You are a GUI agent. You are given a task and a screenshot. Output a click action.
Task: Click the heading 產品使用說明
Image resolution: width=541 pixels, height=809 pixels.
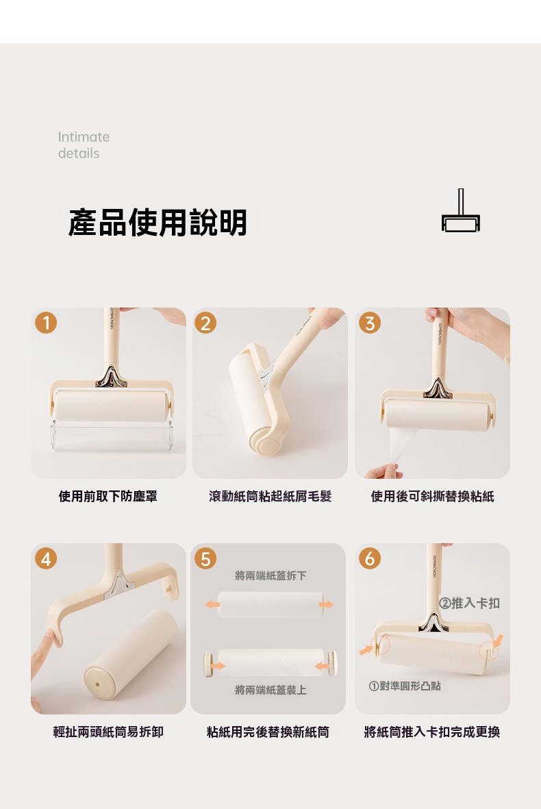[158, 223]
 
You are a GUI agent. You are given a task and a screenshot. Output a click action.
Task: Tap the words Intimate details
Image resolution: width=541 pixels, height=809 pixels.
[84, 145]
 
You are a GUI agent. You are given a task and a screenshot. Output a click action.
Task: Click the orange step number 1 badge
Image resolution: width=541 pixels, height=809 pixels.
[46, 323]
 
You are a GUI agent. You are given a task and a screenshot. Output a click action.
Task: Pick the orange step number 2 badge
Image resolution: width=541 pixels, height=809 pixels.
[205, 323]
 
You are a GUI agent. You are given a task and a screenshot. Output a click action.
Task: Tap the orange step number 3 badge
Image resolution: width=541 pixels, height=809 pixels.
[370, 323]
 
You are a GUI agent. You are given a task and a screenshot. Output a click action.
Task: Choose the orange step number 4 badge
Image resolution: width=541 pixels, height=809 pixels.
[46, 558]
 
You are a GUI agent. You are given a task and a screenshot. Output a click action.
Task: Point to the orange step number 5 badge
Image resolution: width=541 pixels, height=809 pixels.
[205, 558]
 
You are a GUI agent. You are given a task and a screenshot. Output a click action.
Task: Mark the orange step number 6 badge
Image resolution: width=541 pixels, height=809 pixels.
[370, 558]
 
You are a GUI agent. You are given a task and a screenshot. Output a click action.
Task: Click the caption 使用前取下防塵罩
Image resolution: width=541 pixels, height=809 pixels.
[108, 497]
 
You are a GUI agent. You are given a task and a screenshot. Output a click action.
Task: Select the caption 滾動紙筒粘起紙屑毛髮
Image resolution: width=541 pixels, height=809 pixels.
[270, 497]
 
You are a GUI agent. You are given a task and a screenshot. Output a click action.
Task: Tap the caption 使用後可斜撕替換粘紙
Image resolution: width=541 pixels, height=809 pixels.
[432, 497]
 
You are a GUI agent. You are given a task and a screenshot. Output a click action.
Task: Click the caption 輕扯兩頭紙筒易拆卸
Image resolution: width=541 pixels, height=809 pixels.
[108, 732]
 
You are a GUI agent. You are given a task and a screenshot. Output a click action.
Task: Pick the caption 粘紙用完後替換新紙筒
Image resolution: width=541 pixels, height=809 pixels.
[268, 732]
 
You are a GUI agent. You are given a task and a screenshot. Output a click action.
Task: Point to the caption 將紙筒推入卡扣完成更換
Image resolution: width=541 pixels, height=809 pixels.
[432, 732]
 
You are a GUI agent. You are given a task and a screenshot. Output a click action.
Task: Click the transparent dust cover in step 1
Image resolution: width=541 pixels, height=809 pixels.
[112, 435]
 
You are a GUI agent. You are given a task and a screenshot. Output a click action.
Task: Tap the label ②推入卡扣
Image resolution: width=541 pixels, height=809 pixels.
[469, 603]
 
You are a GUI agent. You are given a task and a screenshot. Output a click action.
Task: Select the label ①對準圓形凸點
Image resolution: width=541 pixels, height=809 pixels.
[405, 686]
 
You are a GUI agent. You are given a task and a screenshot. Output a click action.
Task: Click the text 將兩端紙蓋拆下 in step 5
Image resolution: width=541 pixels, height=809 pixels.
[270, 575]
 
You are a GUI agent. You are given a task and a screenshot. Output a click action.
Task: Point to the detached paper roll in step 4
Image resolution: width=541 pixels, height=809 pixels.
[131, 656]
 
